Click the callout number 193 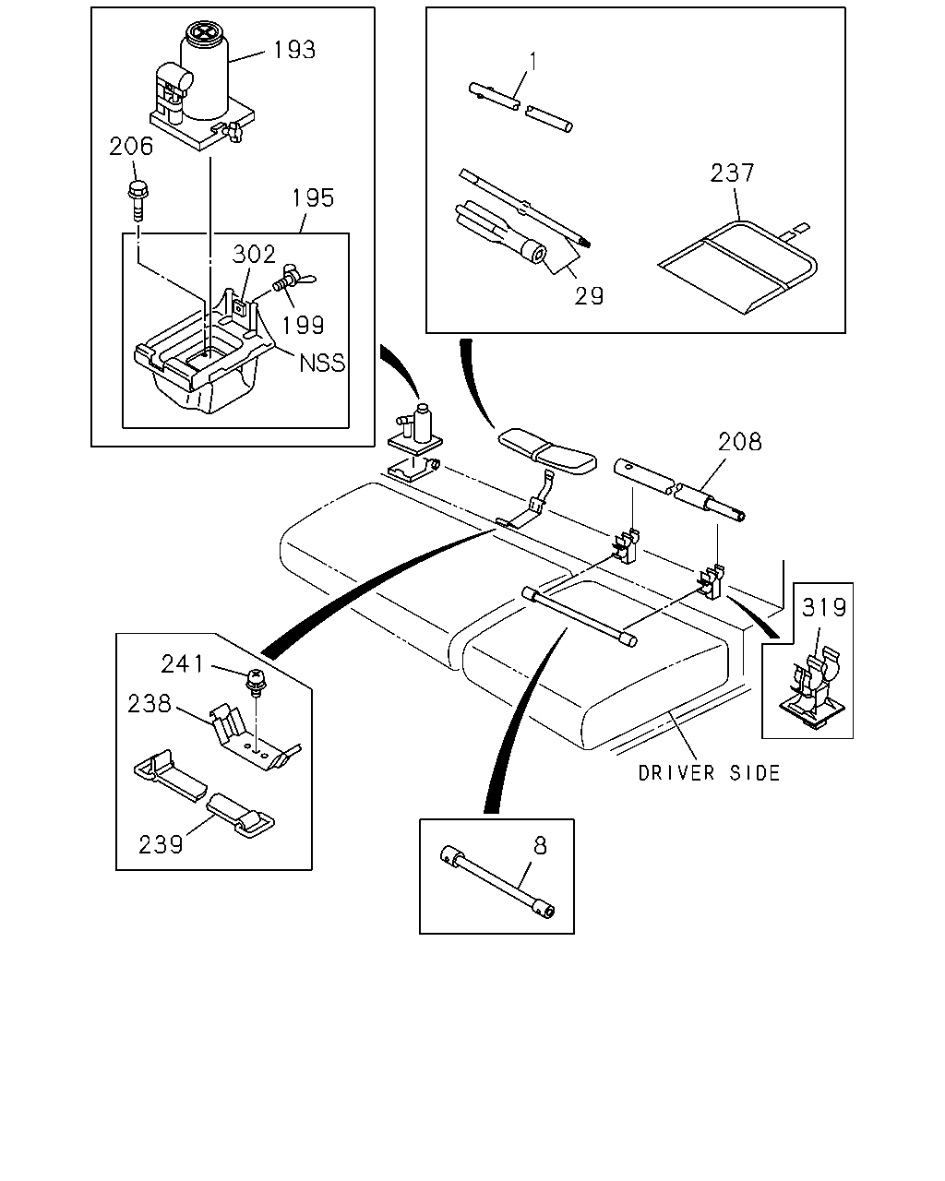(294, 50)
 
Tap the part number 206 (131, 147)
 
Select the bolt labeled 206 (138, 201)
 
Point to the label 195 (313, 198)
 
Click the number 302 (254, 254)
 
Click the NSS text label (322, 363)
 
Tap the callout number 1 (532, 62)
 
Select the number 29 (589, 296)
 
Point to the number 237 (733, 173)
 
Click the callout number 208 (739, 442)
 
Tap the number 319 (824, 607)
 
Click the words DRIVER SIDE (709, 773)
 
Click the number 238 (150, 704)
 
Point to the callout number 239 (161, 844)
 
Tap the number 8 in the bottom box (540, 846)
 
